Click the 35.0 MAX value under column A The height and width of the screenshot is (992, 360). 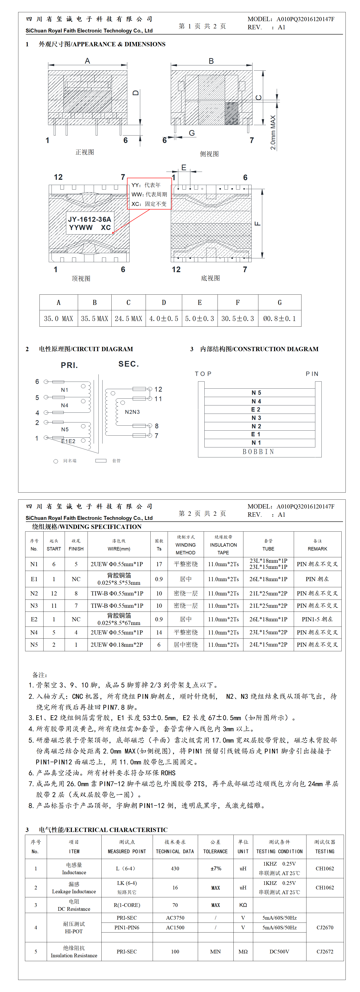[x=59, y=318]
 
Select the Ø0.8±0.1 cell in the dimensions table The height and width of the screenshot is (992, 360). [x=279, y=318]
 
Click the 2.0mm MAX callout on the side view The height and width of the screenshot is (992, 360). [x=273, y=133]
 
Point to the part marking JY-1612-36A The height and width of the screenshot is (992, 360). [x=90, y=219]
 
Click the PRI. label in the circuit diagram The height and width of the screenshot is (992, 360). [x=69, y=365]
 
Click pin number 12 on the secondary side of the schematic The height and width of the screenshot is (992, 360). [x=158, y=389]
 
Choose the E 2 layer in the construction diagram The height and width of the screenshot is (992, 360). [x=256, y=409]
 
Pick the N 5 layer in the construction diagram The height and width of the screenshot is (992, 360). [x=256, y=392]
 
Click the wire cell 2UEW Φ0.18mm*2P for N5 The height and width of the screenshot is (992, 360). [x=117, y=645]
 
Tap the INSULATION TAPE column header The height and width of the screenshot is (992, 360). [x=223, y=545]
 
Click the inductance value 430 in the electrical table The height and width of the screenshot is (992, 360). [x=175, y=868]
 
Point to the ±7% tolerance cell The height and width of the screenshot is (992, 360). [x=216, y=868]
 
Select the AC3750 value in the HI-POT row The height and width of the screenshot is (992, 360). [x=175, y=918]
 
